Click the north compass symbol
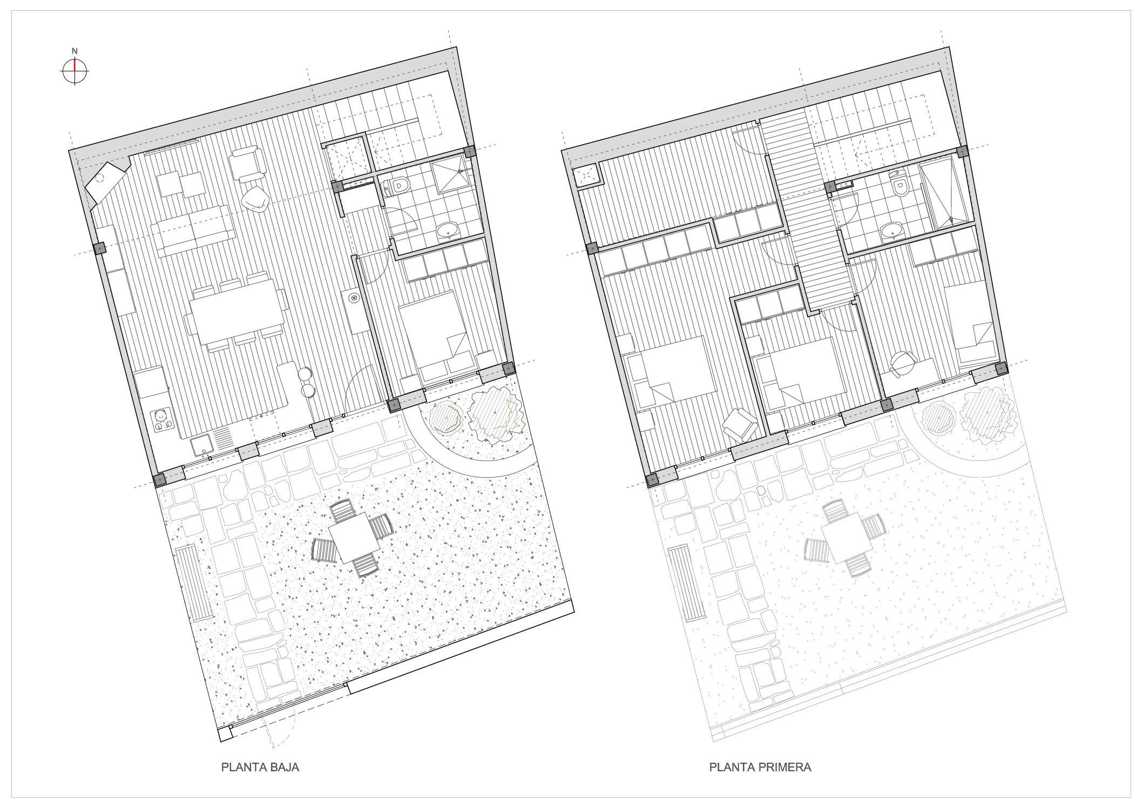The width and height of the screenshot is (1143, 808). (75, 71)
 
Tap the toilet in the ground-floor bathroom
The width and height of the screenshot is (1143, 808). (396, 187)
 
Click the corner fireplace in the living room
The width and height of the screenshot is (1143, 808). (105, 182)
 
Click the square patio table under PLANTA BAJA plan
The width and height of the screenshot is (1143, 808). (355, 537)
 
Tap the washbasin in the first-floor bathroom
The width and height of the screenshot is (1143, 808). (892, 232)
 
